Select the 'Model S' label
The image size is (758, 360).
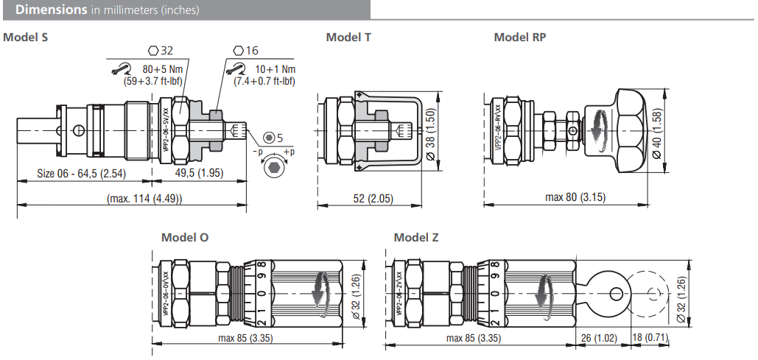point(26,37)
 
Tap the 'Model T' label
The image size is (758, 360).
point(348,37)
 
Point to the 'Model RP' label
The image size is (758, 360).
point(520,37)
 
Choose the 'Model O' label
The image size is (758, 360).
point(185,237)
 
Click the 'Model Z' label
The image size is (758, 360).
point(416,237)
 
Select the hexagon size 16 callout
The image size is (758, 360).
point(246,51)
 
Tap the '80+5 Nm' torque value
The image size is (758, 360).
point(162,70)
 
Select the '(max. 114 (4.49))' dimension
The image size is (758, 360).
point(144,199)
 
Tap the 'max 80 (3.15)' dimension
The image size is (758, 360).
point(576,197)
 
